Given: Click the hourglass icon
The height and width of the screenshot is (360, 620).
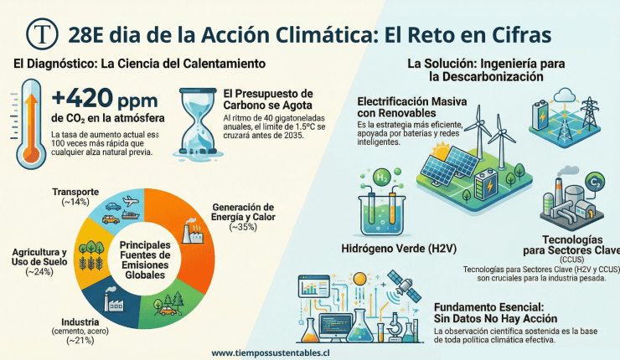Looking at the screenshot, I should point(198,123).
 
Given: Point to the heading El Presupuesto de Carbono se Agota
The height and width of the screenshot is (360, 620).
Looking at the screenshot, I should point(268,100).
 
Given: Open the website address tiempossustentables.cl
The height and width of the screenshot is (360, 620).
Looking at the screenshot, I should point(270,352).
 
